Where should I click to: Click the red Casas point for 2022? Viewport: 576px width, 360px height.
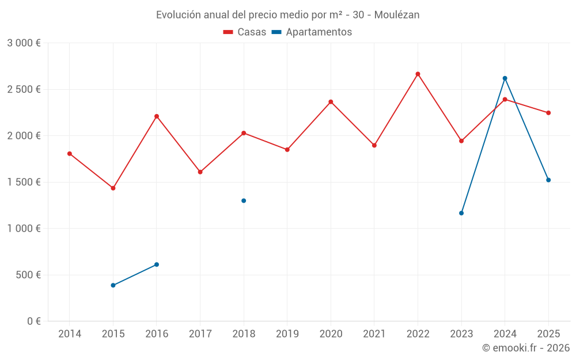(x=418, y=74)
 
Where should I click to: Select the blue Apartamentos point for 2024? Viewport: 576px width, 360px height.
(x=505, y=78)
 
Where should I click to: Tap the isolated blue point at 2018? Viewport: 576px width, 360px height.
(x=244, y=200)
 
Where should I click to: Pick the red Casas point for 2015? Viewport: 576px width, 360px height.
(x=113, y=188)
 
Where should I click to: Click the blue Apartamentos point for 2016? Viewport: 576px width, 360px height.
(x=157, y=264)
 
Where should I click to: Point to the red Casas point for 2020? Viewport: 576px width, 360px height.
(x=331, y=102)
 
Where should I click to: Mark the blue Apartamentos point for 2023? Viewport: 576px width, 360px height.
(x=461, y=213)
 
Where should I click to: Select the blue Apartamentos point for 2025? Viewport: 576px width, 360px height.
(x=548, y=180)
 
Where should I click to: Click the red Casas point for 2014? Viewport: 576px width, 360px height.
(x=70, y=154)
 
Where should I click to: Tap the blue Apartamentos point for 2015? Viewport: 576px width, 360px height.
(x=113, y=285)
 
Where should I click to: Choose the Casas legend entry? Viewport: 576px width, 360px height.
(x=245, y=32)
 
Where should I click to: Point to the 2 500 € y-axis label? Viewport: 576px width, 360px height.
(x=24, y=89)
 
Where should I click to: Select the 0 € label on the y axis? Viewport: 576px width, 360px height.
(x=34, y=321)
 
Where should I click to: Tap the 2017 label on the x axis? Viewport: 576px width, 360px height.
(x=200, y=334)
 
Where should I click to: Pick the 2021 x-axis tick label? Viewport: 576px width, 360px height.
(x=374, y=334)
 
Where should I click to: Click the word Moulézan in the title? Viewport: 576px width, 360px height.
(x=397, y=15)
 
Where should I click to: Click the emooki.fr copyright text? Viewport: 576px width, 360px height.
(x=526, y=348)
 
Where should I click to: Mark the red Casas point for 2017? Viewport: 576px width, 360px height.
(x=200, y=172)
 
